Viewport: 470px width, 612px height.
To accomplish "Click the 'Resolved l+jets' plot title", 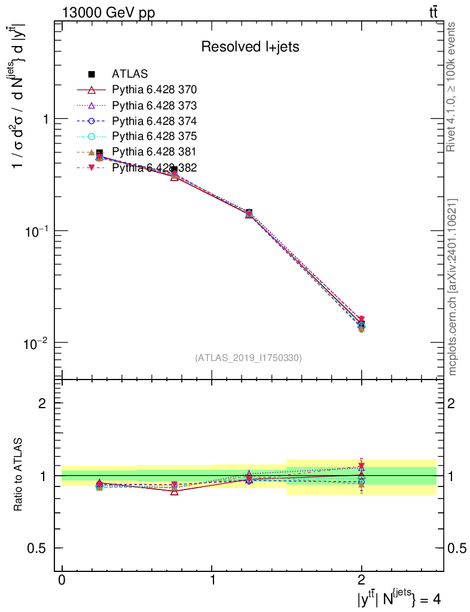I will pyautogui.click(x=250, y=47).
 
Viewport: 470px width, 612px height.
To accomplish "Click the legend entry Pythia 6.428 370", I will pyautogui.click(x=154, y=90).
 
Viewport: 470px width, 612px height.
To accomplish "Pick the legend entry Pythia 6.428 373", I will pyautogui.click(x=154, y=105).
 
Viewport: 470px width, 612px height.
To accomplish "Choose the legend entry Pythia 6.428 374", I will pyautogui.click(x=154, y=121).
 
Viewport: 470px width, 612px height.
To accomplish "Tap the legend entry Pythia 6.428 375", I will pyautogui.click(x=154, y=136).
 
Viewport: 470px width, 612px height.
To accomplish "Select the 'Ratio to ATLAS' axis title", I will pyautogui.click(x=19, y=475).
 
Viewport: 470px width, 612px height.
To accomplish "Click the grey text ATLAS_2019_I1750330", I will pyautogui.click(x=248, y=358).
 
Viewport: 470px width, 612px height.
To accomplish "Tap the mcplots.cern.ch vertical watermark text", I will pyautogui.click(x=453, y=287).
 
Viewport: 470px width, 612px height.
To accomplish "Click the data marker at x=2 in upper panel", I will pyautogui.click(x=361, y=325).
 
